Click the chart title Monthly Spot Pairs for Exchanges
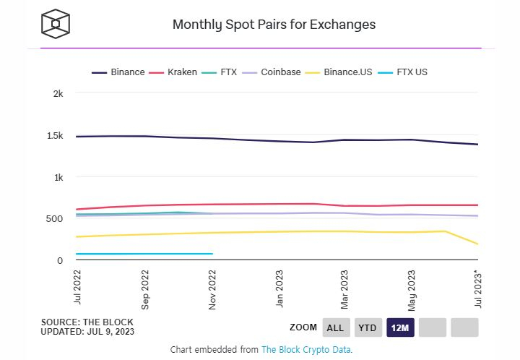(274, 25)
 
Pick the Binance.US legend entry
(349, 72)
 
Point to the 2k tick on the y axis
(58, 94)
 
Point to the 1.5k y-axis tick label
(54, 136)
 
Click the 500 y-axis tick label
(56, 219)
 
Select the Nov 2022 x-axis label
(212, 290)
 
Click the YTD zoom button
(367, 327)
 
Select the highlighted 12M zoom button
(399, 327)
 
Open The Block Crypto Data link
(305, 350)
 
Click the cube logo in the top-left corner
(55, 24)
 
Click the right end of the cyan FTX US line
(212, 254)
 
